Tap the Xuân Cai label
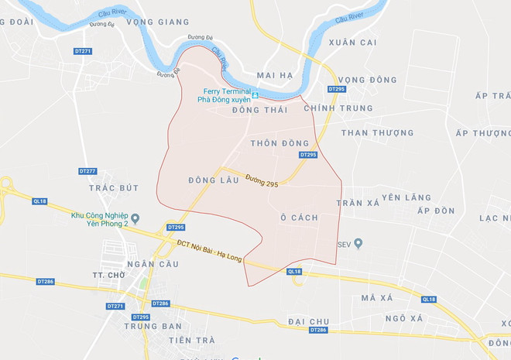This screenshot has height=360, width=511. point(352,42)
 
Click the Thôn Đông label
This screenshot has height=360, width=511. point(280,143)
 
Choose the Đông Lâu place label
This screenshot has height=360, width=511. point(208,180)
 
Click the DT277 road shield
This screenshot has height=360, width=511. point(87,170)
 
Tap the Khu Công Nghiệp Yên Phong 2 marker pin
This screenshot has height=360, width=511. point(136,218)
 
